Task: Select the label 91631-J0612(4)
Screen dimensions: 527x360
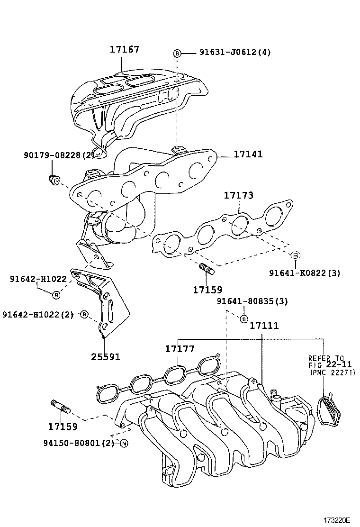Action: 228,53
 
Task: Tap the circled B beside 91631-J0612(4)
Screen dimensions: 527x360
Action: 177,53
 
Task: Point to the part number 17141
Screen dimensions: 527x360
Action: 248,154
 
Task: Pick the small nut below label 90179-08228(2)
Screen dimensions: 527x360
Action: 54,179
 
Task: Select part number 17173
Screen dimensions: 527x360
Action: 238,195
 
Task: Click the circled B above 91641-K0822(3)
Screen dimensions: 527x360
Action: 294,255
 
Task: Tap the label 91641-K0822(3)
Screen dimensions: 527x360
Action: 305,273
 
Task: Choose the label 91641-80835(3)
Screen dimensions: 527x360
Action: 252,301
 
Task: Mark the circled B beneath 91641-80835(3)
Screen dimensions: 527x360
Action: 243,318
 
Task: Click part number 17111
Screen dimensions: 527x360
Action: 264,326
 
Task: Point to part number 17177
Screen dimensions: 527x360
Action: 180,349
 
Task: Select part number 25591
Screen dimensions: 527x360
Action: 105,356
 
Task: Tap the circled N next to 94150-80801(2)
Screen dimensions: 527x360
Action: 124,444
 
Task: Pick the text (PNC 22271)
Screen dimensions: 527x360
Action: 333,373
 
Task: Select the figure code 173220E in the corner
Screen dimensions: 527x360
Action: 336,520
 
